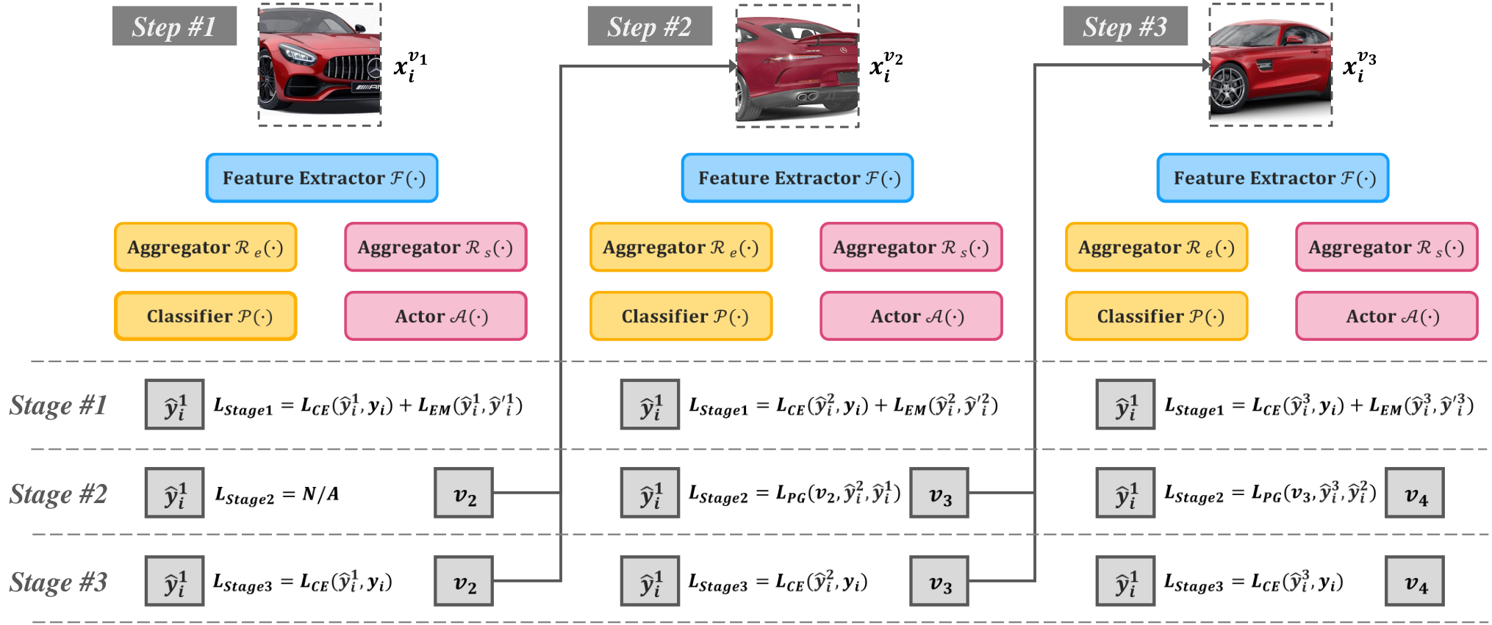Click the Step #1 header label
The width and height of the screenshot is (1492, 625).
(x=174, y=26)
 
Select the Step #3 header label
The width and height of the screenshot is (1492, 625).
(x=1125, y=26)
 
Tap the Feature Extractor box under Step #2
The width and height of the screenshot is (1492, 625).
(x=797, y=178)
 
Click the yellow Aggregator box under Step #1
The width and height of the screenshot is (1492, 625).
(x=206, y=248)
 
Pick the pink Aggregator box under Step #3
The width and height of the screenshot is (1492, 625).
(x=1387, y=248)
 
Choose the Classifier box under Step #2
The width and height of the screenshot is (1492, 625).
(x=681, y=317)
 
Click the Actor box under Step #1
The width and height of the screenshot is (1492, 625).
(x=436, y=317)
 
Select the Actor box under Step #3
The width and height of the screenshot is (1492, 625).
(x=1387, y=317)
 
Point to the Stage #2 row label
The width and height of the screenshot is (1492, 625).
(x=59, y=494)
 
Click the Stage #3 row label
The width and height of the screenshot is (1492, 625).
(x=59, y=582)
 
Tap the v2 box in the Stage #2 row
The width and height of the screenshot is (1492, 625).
(x=464, y=493)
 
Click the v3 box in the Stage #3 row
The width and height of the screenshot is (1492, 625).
(x=939, y=581)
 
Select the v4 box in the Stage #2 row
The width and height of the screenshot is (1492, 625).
(x=1415, y=493)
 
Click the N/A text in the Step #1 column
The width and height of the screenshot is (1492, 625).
(x=320, y=494)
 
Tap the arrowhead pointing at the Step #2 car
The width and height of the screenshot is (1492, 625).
(x=733, y=67)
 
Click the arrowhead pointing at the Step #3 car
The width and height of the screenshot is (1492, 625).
(x=1206, y=65)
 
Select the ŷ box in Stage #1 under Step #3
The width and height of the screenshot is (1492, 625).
(x=1125, y=405)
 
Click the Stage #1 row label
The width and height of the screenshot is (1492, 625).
(x=59, y=405)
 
